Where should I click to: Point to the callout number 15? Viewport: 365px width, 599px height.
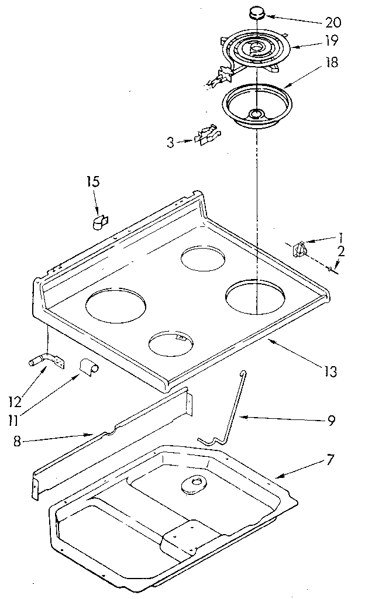click(94, 182)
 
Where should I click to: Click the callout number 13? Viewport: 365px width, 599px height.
click(329, 371)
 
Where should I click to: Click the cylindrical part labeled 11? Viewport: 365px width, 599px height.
click(89, 368)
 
